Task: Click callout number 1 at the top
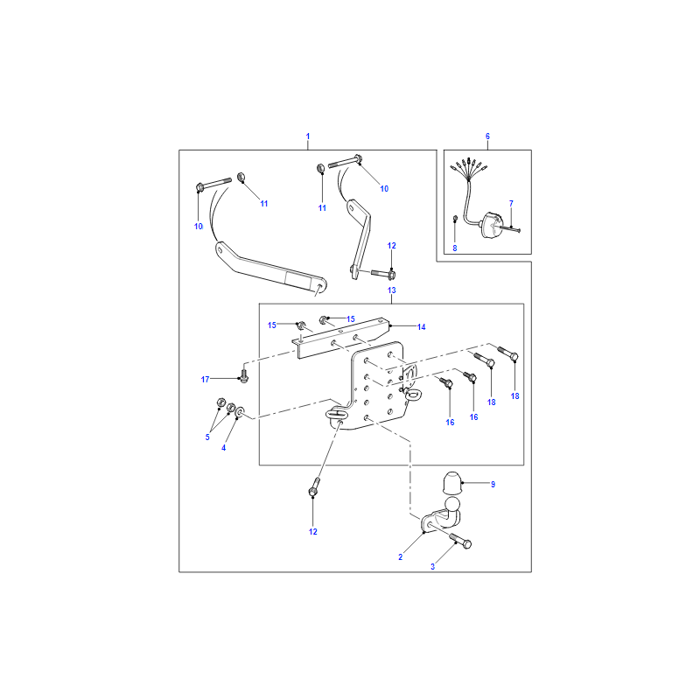[308, 136]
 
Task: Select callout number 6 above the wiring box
[487, 136]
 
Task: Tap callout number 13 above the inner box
[391, 290]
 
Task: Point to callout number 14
[422, 326]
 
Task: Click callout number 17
[205, 380]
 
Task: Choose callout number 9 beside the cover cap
[493, 485]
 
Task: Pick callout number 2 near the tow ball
[401, 556]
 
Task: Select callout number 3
[432, 566]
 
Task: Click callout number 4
[224, 448]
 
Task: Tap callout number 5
[207, 437]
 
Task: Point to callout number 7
[511, 204]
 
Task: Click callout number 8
[454, 248]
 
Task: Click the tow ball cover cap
[451, 483]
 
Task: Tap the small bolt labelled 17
[244, 375]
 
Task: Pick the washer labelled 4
[240, 411]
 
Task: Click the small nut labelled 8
[455, 218]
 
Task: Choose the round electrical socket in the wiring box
[491, 225]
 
